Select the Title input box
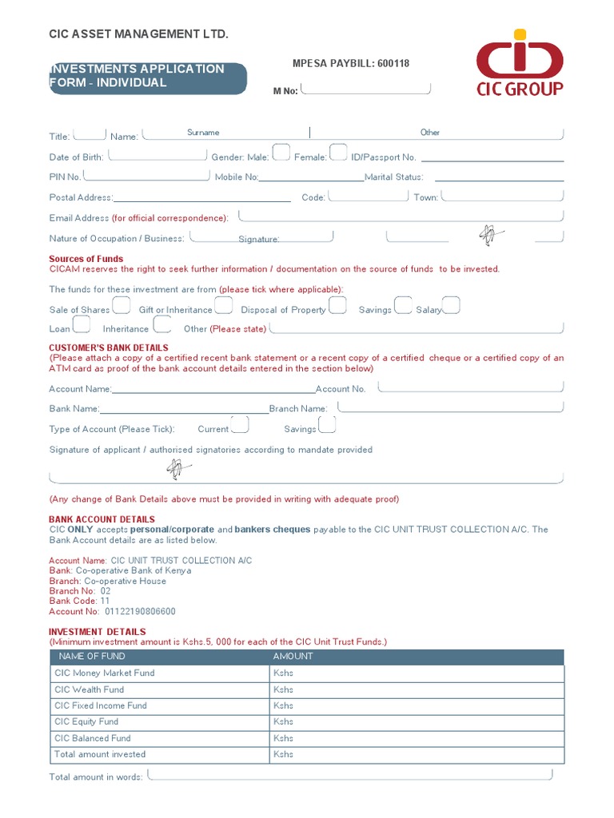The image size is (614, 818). coord(90,134)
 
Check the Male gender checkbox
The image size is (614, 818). coord(281,153)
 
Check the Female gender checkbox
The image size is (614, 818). coord(338,153)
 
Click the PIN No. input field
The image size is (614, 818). coord(146,175)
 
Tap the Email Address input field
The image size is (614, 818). coord(401,216)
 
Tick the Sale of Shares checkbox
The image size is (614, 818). coord(122,306)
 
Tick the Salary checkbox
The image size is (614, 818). coord(452,306)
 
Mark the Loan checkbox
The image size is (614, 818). coord(82,324)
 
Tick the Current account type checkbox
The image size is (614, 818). coord(239,425)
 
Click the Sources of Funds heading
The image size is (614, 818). coord(86,259)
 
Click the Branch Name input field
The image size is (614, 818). coord(450,407)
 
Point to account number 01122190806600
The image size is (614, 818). coord(140,611)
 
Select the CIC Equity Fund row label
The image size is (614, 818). coord(86,722)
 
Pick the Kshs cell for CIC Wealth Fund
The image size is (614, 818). coord(417,689)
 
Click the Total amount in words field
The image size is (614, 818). coord(350,774)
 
